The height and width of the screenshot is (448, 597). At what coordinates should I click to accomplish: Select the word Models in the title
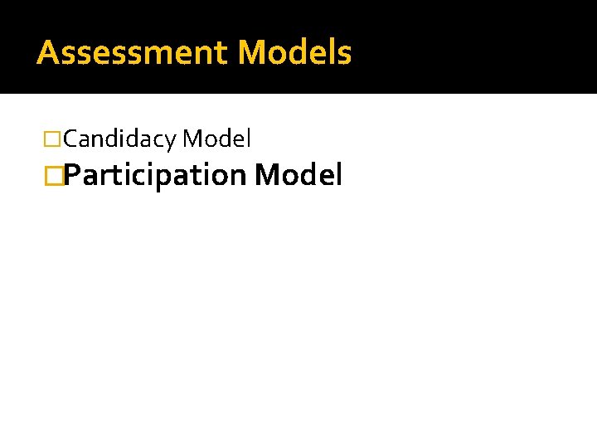coord(294,53)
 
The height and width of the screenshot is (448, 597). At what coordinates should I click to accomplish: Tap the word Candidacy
coord(119,139)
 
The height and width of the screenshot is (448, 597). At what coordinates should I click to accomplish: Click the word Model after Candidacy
coord(216,139)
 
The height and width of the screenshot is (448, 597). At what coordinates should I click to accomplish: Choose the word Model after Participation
coord(298,176)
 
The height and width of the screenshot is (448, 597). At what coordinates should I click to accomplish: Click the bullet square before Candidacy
coord(54,139)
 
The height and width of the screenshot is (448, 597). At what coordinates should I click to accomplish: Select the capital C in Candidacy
coord(70,139)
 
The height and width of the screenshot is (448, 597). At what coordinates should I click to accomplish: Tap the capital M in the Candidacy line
coord(192,139)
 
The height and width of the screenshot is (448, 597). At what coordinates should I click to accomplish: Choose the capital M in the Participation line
coord(267,176)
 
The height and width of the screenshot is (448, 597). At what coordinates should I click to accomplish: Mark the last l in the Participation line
coord(337,176)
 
